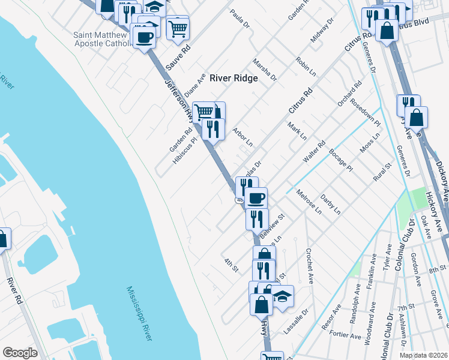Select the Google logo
coord(20,353)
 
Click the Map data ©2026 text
coord(424,355)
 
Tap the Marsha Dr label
coord(264,70)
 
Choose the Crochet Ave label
coord(310,266)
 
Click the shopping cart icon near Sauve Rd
coord(178,27)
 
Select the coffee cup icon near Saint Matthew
coord(145,37)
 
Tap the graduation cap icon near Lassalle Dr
coord(282,295)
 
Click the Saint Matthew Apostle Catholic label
coord(101,39)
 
